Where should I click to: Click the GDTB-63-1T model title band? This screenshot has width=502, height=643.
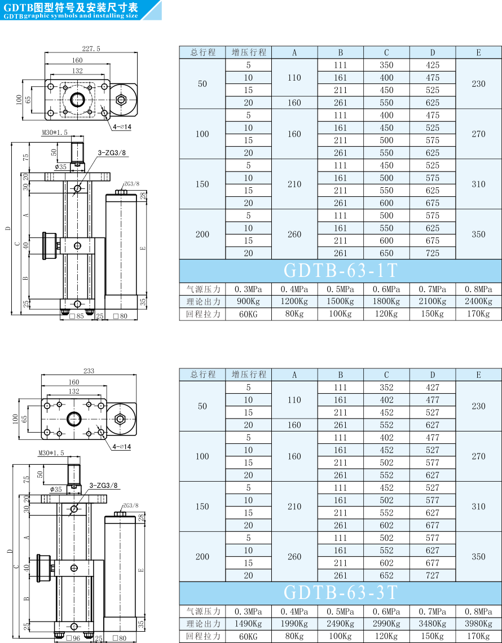point(341,271)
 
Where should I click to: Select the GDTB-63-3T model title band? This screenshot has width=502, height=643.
point(341,593)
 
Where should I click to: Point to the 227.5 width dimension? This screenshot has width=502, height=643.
point(91,49)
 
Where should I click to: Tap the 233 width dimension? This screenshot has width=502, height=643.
point(89,371)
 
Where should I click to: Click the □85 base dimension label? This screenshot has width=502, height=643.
point(77,316)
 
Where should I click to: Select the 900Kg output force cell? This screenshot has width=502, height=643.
point(249,302)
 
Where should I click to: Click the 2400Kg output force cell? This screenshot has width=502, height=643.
point(479,302)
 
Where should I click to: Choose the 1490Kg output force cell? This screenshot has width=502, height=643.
point(249,624)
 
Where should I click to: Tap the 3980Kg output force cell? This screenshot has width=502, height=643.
point(479,624)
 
